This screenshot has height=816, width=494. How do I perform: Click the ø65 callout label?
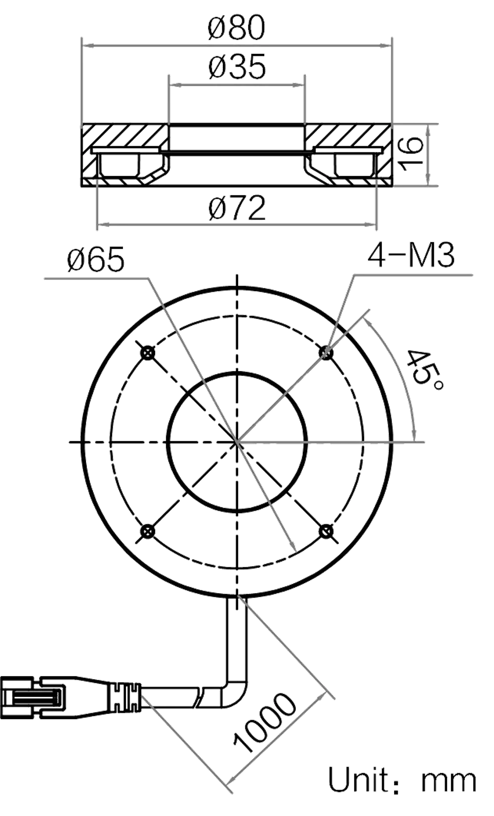[96, 259]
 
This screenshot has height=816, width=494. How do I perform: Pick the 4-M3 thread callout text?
[410, 256]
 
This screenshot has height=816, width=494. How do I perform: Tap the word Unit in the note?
[363, 780]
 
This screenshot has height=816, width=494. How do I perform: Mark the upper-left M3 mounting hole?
[148, 353]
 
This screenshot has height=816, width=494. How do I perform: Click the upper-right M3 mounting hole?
[326, 353]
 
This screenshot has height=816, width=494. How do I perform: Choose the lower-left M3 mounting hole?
[148, 531]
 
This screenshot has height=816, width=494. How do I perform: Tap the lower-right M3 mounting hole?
[326, 531]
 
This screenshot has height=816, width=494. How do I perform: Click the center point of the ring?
[237, 442]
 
